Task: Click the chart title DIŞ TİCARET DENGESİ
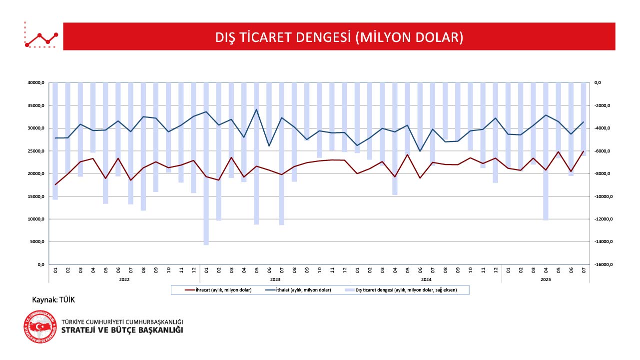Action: pos(339,37)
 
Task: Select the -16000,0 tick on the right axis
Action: pos(605,264)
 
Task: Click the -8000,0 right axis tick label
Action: pos(604,173)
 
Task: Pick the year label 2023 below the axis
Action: pos(275,280)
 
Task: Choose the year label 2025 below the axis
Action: pos(546,280)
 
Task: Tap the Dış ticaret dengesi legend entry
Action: pos(406,290)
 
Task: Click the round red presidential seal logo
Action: pos(40,327)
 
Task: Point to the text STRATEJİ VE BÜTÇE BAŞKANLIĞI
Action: pos(122,330)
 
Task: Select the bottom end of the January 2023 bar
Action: pos(206,244)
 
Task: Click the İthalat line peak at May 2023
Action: pos(256,109)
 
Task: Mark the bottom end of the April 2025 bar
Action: pos(546,219)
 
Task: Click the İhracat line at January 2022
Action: pos(55,184)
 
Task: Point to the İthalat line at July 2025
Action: pos(584,122)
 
